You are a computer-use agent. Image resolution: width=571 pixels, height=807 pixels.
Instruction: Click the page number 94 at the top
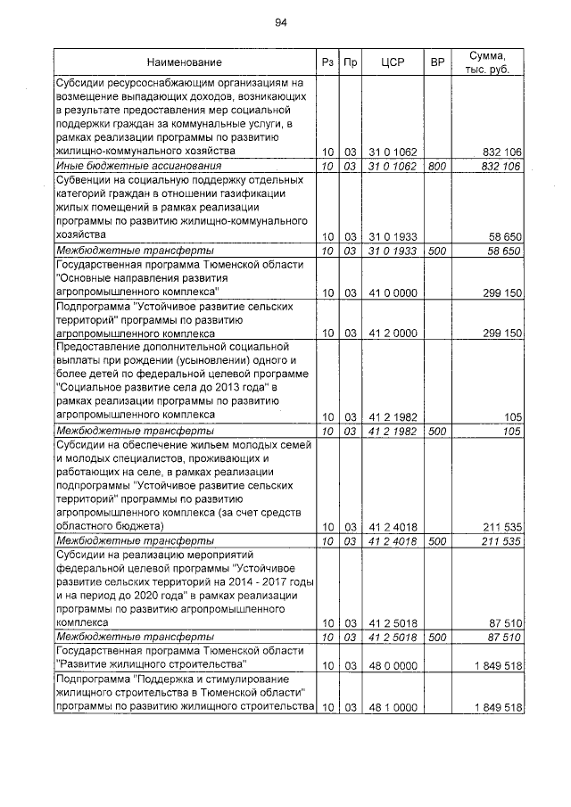tap(281, 22)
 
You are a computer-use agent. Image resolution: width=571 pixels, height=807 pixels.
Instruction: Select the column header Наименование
tap(185, 62)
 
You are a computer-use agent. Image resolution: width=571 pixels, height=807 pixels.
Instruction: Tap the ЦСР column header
tap(393, 62)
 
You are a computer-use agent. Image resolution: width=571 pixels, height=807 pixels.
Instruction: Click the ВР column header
tap(437, 62)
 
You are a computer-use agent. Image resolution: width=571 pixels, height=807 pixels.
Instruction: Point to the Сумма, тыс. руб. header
tap(487, 62)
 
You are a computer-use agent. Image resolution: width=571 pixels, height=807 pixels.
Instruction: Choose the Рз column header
tap(327, 62)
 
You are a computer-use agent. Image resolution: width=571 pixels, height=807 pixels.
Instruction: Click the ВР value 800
tap(437, 166)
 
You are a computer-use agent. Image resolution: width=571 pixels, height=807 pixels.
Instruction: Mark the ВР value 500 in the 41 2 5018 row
tap(437, 638)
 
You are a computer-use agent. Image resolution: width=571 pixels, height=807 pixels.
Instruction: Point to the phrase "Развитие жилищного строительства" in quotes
tap(151, 665)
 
